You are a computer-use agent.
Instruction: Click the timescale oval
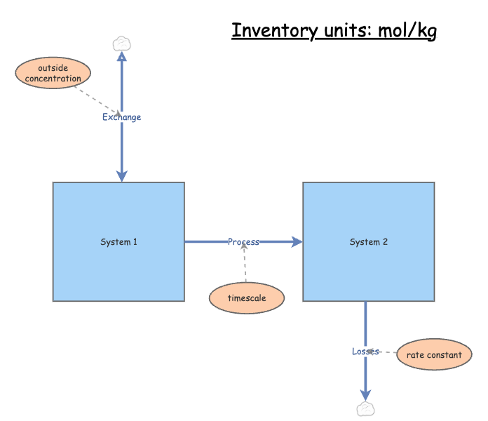click(247, 298)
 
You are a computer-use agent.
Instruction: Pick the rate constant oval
click(434, 354)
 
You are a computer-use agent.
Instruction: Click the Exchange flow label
click(121, 117)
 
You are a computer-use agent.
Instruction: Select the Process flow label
click(243, 242)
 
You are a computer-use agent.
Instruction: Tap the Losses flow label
click(365, 351)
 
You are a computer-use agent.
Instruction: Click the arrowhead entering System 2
click(297, 242)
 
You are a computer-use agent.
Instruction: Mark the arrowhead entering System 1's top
click(122, 175)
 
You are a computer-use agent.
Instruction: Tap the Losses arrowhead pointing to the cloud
click(365, 394)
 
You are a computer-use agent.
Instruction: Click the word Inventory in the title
click(266, 31)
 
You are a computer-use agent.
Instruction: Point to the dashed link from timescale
click(245, 267)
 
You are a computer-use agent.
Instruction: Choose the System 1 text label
click(118, 242)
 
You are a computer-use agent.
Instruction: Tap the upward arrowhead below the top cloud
click(122, 58)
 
